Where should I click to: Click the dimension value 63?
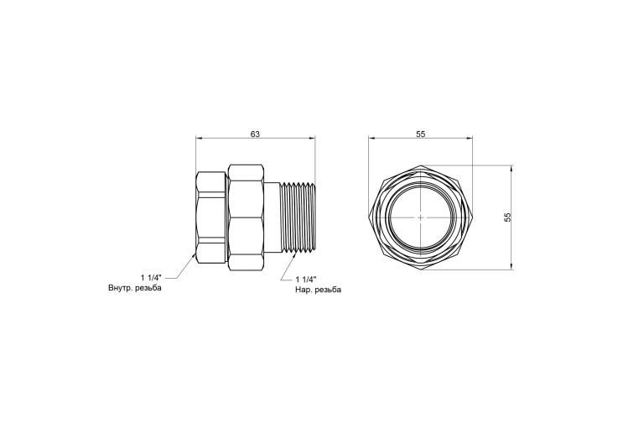click(x=255, y=134)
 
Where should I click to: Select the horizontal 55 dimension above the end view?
click(x=421, y=134)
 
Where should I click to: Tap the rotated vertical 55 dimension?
click(x=507, y=217)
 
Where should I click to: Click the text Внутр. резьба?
click(x=135, y=288)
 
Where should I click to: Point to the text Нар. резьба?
click(x=318, y=290)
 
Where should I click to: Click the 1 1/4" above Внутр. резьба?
click(x=151, y=278)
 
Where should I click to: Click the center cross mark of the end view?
click(x=421, y=217)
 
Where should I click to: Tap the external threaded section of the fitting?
click(x=298, y=217)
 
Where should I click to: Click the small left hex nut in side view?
click(x=211, y=217)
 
